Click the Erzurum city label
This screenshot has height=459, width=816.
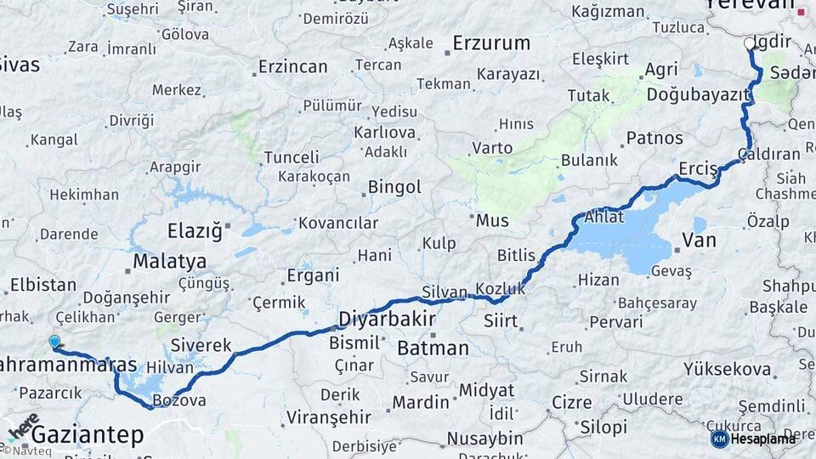click(491, 42)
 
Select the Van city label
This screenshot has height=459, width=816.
click(700, 241)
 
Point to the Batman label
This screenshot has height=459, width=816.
click(433, 348)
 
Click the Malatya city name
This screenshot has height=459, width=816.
click(169, 260)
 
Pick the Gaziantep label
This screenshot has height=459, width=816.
click(88, 435)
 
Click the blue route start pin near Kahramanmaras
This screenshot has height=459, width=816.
click(55, 342)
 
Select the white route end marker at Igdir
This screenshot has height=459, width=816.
click(749, 42)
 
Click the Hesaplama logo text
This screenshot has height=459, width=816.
click(764, 439)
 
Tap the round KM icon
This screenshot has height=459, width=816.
click(719, 439)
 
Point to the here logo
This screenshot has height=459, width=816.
click(22, 429)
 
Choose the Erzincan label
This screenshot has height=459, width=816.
click(292, 65)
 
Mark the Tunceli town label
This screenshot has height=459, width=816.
click(292, 157)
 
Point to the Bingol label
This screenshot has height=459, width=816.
click(394, 187)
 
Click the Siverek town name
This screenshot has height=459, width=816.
click(201, 345)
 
